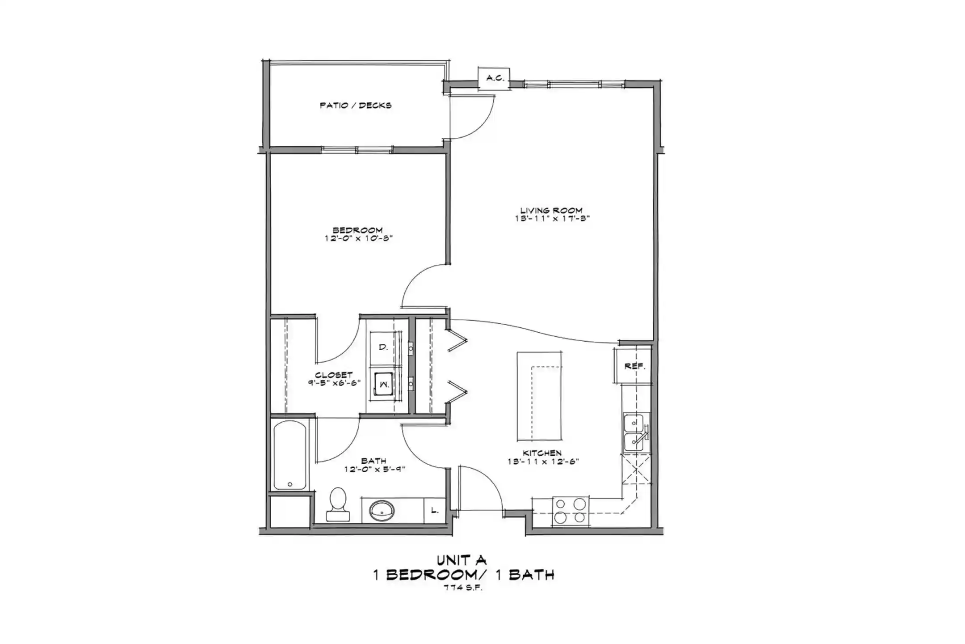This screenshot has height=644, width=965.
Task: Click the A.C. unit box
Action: coord(494,78)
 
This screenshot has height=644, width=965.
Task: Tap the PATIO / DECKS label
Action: coord(356,106)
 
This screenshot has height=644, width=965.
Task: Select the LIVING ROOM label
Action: coord(551,210)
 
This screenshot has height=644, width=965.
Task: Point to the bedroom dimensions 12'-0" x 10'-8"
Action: coord(358,239)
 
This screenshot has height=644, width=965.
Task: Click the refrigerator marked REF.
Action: coord(634,366)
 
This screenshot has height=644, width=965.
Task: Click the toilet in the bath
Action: coord(338,504)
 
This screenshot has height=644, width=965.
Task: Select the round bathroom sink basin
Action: coord(382,510)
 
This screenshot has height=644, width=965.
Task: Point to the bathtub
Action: coord(290,455)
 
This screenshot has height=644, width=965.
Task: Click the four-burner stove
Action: coord(571,511)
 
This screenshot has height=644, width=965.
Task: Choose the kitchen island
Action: coord(540,396)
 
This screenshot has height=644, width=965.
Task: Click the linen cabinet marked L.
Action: coord(435,510)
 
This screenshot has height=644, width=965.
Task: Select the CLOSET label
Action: coord(334,375)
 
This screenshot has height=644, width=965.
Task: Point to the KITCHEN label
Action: coord(542,453)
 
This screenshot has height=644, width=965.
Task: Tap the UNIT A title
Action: coord(462,560)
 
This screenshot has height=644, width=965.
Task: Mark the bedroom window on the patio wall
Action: coord(357,150)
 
